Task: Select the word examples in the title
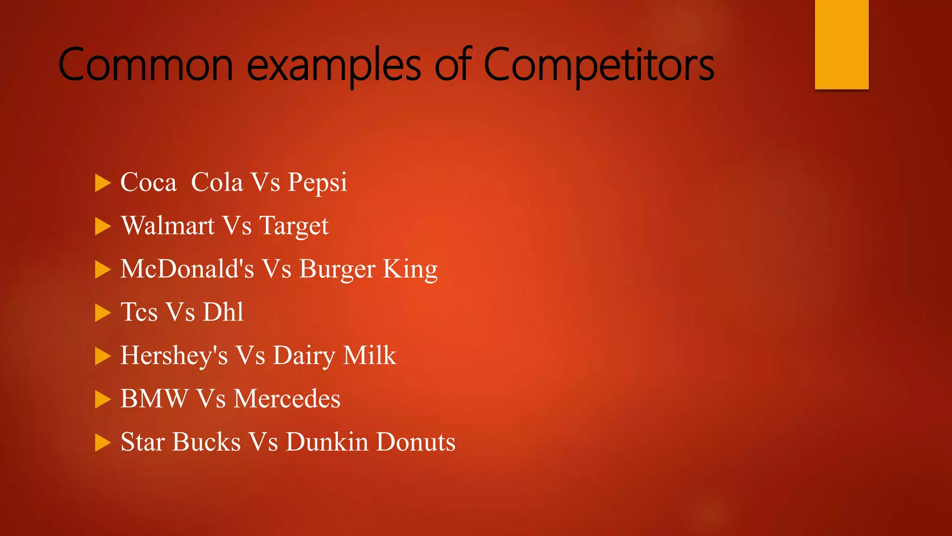tap(334, 66)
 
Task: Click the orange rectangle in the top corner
tap(841, 44)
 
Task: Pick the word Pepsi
tap(317, 182)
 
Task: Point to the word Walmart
tap(167, 226)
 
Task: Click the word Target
tap(294, 227)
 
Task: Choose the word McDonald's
tap(187, 269)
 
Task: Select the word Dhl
tap(223, 312)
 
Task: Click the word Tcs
tap(139, 312)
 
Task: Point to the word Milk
tap(370, 355)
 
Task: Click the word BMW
tap(154, 399)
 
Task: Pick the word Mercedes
tap(287, 399)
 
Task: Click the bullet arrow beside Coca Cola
tap(103, 183)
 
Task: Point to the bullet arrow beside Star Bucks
tap(103, 442)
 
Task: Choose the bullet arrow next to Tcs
tap(103, 313)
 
